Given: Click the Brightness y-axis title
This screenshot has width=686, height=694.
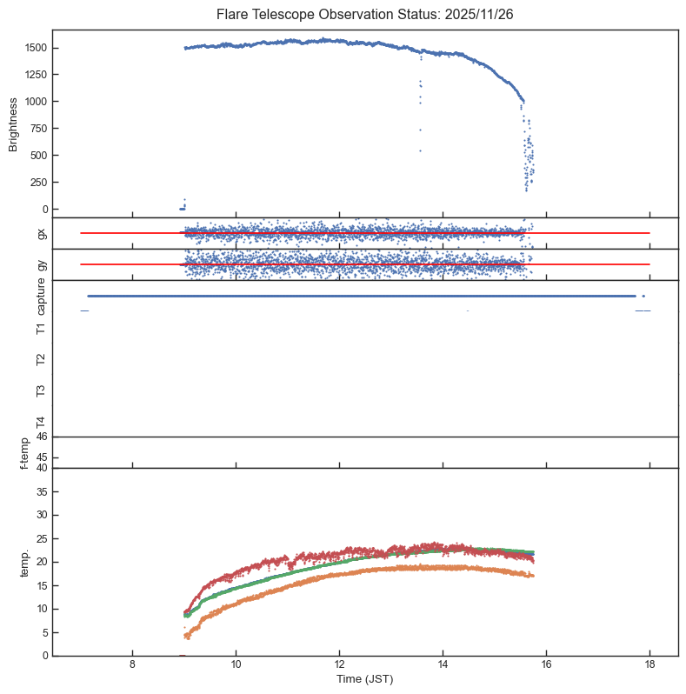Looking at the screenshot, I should click(x=13, y=123).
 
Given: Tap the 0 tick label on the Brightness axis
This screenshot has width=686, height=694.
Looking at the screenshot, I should click(x=43, y=210).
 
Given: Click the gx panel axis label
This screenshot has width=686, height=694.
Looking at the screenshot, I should click(x=42, y=233).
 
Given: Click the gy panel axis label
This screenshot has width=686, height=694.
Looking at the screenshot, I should click(x=42, y=264).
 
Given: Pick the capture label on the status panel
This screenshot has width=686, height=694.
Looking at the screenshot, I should click(x=42, y=297).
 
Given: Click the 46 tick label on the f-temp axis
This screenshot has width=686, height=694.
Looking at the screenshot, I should click(x=40, y=437).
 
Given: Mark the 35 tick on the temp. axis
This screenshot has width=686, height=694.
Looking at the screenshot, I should click(x=40, y=492).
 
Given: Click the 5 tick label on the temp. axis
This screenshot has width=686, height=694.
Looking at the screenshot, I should click(x=43, y=632).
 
